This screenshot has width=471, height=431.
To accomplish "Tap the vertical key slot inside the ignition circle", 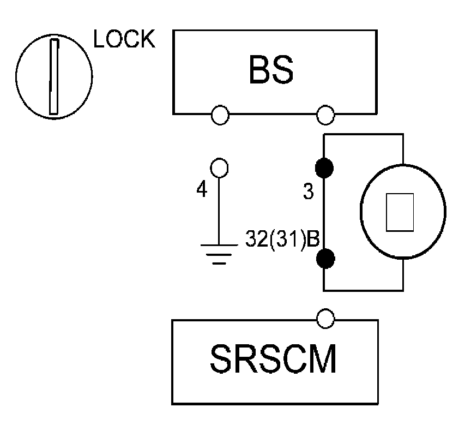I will point(53,76).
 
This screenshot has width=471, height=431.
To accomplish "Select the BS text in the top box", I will point(271,70).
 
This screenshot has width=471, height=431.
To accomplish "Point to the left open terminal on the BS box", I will point(220,115).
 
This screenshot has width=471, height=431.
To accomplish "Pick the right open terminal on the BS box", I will point(325,115).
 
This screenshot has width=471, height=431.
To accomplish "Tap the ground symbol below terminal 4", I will point(219,253).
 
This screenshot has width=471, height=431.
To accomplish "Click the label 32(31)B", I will point(281,240).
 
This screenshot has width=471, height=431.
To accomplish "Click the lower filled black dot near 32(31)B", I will point(325,257).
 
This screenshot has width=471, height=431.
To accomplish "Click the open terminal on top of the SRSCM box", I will point(325,319).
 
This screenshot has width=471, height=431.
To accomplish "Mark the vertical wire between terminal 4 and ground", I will point(219,207).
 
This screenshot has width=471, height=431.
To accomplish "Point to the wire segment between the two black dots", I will point(325,213).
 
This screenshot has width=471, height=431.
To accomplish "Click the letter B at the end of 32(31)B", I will point(312,240).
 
